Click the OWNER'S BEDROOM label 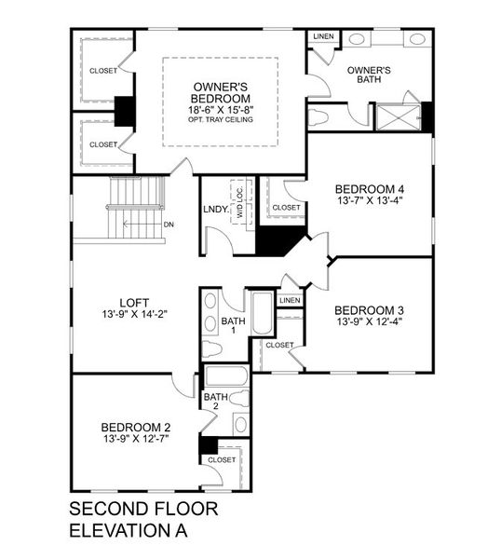pyautogui.click(x=219, y=91)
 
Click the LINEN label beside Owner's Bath pyautogui.click(x=323, y=36)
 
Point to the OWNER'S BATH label pyautogui.click(x=369, y=76)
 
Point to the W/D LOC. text pyautogui.click(x=239, y=206)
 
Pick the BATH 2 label pyautogui.click(x=212, y=402)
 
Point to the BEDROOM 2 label pyautogui.click(x=136, y=428)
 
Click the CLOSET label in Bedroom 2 pyautogui.click(x=223, y=460)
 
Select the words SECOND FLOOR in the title pyautogui.click(x=143, y=510)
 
